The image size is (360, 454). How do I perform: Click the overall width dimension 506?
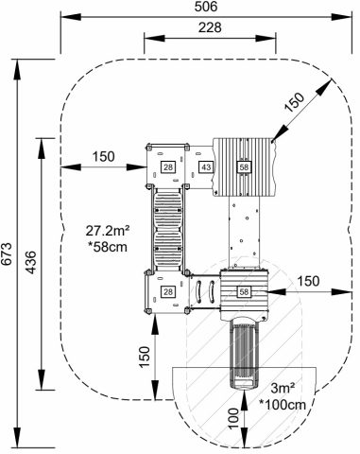(206, 7)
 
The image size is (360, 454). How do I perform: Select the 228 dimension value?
(210, 27)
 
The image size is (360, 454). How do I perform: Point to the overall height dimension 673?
(7, 254)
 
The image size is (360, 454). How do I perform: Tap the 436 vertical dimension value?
(30, 262)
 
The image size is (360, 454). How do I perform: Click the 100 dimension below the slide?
(233, 418)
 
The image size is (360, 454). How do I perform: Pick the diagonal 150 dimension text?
(295, 102)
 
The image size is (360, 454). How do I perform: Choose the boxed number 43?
(206, 166)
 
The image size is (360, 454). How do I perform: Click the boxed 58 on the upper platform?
(244, 166)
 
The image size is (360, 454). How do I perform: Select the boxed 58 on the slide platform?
(244, 291)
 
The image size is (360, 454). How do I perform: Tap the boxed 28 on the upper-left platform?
(168, 166)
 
